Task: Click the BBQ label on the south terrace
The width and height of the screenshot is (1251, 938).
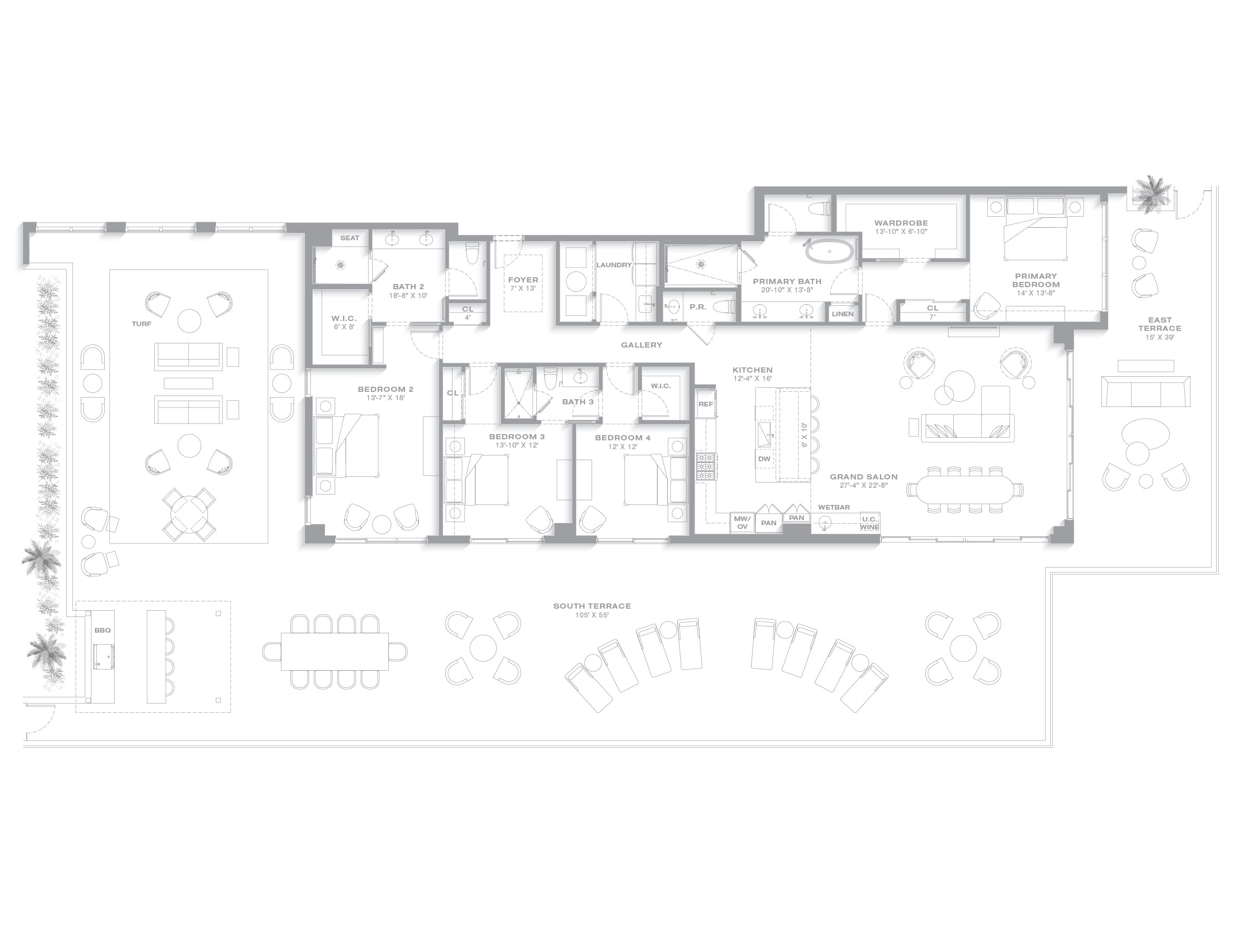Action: click(x=102, y=630)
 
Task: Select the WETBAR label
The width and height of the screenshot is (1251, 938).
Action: click(x=833, y=507)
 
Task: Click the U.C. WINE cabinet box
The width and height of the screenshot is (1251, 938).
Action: click(x=869, y=523)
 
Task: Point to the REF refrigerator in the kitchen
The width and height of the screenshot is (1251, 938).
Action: click(x=706, y=404)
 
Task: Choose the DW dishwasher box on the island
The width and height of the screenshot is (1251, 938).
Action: click(x=764, y=459)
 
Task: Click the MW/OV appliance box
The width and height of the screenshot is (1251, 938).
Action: click(x=742, y=523)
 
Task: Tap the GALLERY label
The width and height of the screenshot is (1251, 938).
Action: click(x=641, y=345)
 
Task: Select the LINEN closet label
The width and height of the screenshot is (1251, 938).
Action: click(x=843, y=314)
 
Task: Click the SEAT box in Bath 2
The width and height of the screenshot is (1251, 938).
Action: click(x=350, y=238)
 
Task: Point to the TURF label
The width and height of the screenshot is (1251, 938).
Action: click(x=141, y=324)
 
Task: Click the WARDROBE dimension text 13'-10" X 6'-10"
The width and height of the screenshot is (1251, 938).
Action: click(x=901, y=232)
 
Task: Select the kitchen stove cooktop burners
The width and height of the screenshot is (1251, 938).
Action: click(x=706, y=466)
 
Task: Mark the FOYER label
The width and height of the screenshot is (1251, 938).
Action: click(x=523, y=280)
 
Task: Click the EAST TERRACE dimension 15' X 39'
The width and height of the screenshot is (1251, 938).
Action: click(x=1159, y=338)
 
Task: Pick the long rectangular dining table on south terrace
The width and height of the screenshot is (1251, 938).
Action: click(x=335, y=651)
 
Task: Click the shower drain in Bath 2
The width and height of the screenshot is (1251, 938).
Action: click(x=340, y=264)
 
